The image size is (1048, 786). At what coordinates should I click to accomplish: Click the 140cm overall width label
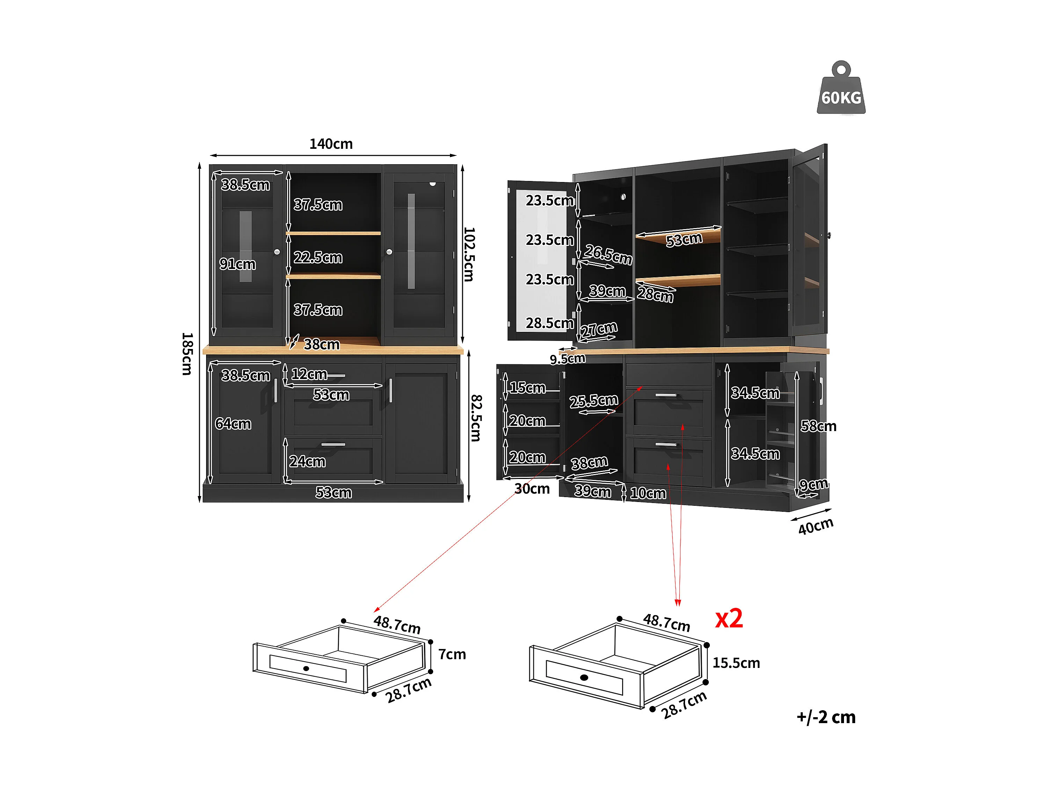click(331, 144)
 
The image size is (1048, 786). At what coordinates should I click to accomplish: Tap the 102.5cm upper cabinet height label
click(469, 254)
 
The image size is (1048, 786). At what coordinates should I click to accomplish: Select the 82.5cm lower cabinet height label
click(476, 417)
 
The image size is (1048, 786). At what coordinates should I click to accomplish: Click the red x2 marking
click(729, 618)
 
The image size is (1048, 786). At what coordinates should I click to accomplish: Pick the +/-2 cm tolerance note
click(826, 717)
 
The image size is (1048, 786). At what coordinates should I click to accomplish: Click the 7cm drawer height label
click(452, 654)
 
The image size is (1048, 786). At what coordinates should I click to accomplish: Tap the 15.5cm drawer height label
click(736, 663)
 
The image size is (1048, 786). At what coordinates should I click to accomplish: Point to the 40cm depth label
click(815, 526)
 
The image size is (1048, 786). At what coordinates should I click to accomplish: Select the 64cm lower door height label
click(233, 423)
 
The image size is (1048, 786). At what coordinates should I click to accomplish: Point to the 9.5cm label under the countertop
click(568, 359)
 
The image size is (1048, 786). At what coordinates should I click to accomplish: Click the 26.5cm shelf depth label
click(608, 254)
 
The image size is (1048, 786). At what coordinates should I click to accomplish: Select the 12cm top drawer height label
click(309, 374)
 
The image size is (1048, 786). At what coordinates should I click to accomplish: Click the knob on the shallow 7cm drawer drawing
click(306, 669)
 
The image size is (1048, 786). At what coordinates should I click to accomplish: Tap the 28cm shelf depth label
click(655, 294)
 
